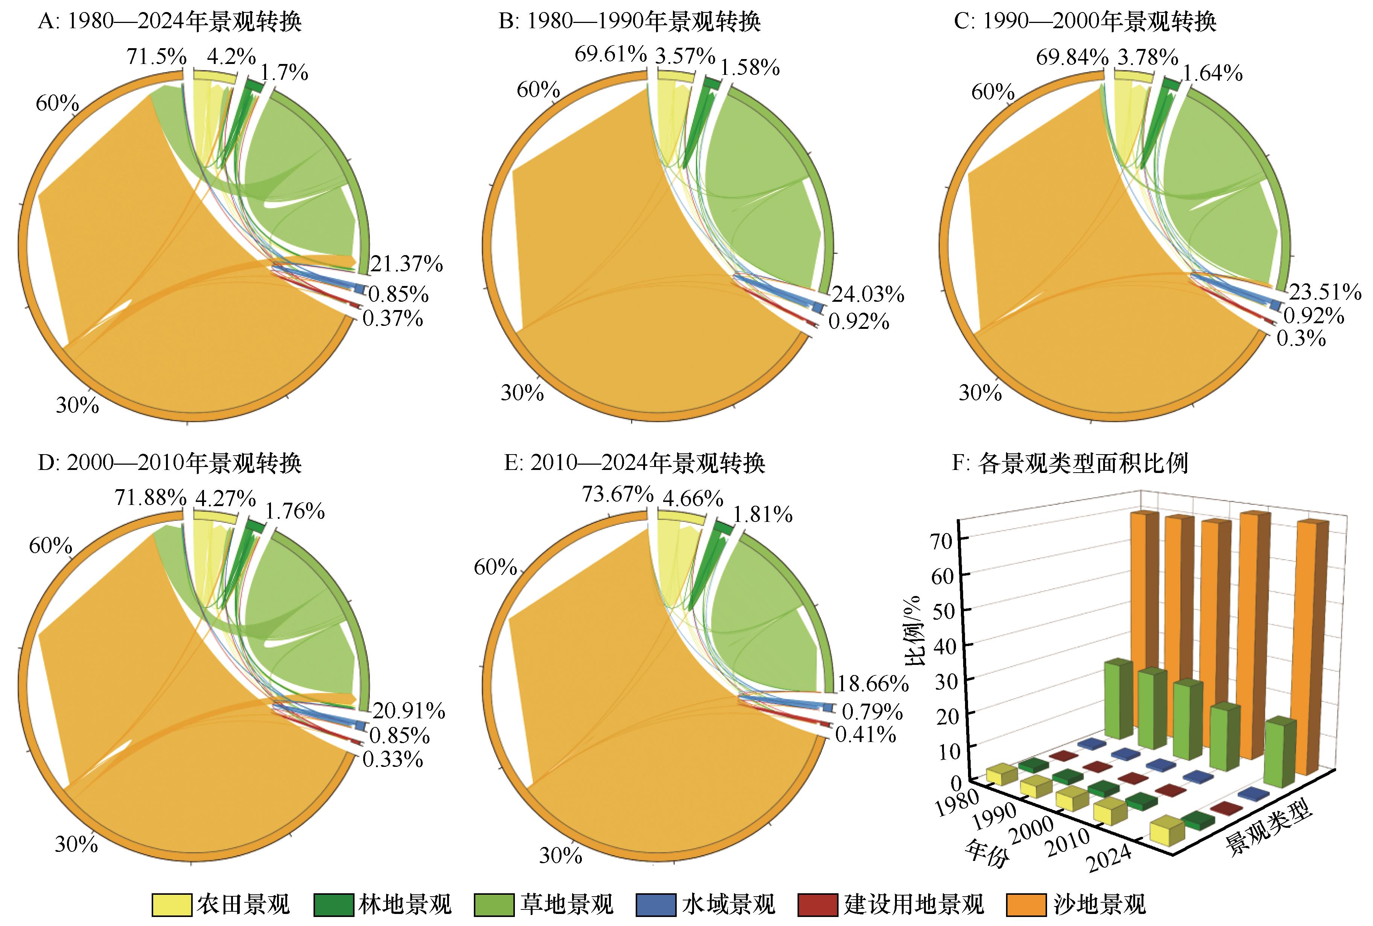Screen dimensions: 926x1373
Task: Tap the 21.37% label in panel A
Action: (406, 264)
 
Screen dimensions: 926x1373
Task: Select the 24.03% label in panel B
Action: (868, 294)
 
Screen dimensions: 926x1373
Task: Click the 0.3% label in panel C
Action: (1301, 339)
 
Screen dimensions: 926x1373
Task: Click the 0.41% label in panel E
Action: (865, 735)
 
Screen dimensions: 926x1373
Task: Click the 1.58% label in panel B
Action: (749, 67)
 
